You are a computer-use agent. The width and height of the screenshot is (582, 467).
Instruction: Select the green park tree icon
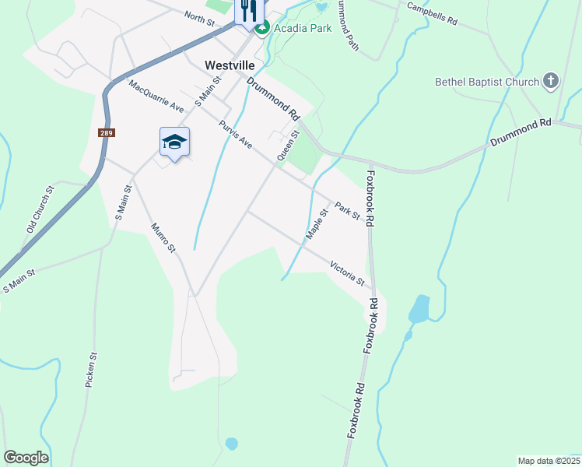coord(262,28)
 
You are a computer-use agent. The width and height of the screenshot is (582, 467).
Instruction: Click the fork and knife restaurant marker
coord(248,10)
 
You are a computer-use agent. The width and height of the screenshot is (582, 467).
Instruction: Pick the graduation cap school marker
coord(174,142)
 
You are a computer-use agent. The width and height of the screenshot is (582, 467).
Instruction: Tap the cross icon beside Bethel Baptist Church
coord(551,81)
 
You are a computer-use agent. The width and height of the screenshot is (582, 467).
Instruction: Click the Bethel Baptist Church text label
coord(487,82)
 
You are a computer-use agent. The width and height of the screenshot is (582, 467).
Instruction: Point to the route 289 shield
coord(107,133)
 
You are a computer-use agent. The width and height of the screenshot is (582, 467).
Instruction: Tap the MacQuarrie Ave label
coord(156,96)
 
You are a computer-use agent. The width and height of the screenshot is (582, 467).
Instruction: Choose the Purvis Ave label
coord(236,134)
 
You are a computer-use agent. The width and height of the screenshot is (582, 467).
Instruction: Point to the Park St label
coord(347,209)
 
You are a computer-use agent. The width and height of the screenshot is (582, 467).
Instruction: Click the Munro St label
coord(164,238)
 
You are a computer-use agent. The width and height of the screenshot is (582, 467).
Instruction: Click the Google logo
coord(26,458)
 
